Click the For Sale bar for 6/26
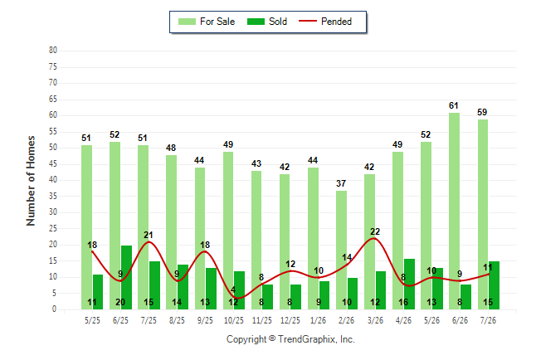pos(455,211)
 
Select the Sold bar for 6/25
pos(126,277)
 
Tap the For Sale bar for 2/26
pos(341,250)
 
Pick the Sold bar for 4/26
pos(409,284)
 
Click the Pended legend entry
pos(325,22)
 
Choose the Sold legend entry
pos(267,22)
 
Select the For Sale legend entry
pos(207,22)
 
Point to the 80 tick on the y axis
pos(53,51)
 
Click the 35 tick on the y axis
pos(53,197)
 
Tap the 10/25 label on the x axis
pos(234,320)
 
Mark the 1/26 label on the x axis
pos(319,320)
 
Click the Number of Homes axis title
pos(31,181)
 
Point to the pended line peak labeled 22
pos(375,238)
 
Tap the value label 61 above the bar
pos(454,105)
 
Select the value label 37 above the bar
pos(341,183)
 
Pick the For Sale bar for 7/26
pos(483,214)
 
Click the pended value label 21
pos(149,235)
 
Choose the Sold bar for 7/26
pos(494,285)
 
